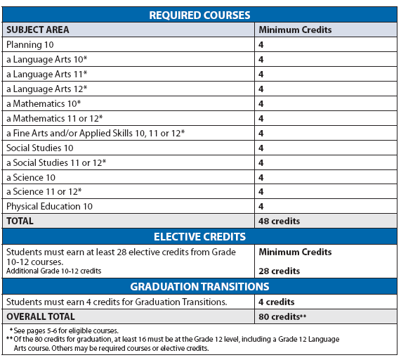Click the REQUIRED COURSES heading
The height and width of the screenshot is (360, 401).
(200, 15)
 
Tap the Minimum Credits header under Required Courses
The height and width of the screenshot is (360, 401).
(295, 30)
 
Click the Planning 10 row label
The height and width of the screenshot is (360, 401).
(30, 45)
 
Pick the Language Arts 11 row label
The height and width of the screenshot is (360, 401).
(46, 75)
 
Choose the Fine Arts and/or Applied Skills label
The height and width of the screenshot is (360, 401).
(95, 133)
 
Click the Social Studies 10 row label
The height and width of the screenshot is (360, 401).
(39, 148)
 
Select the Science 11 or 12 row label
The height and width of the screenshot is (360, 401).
(44, 191)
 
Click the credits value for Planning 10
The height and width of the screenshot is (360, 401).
(261, 45)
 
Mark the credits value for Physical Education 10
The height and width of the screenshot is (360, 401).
(261, 206)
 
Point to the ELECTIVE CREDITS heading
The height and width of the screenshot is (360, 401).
(200, 236)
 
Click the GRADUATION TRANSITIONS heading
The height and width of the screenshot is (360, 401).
(200, 286)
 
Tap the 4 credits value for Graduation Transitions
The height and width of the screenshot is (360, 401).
(277, 302)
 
